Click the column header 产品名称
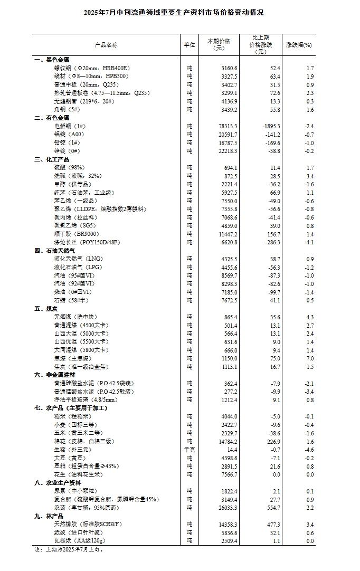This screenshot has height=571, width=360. pyautogui.click(x=106, y=45)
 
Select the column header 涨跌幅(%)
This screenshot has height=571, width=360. pyautogui.click(x=299, y=45)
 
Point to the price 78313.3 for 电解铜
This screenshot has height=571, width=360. pyautogui.click(x=228, y=126)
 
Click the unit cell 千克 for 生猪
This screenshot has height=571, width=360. pyautogui.click(x=190, y=449)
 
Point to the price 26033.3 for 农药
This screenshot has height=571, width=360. pyautogui.click(x=228, y=507)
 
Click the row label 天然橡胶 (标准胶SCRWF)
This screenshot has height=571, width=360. pyautogui.click(x=87, y=524)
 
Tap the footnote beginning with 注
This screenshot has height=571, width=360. pyautogui.click(x=68, y=549)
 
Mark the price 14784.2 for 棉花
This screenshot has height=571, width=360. pyautogui.click(x=228, y=441)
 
